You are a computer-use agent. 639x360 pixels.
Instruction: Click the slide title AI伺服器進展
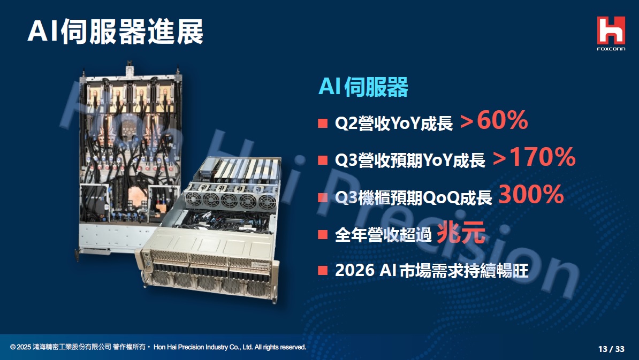[115, 32]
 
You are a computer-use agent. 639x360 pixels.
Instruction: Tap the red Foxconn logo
[611, 30]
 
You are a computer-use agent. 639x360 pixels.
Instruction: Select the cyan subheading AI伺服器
[363, 87]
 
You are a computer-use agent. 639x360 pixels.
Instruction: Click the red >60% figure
[494, 120]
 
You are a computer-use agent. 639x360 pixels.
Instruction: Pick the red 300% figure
[531, 194]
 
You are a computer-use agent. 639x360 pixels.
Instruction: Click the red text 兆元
[461, 233]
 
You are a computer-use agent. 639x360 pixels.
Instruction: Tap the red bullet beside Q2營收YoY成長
[323, 123]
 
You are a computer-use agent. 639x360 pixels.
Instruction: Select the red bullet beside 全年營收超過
[323, 234]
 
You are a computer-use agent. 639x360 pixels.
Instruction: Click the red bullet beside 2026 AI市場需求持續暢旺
[323, 271]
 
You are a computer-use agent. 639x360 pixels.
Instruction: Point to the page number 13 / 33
[611, 349]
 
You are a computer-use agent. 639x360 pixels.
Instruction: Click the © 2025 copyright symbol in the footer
[13, 347]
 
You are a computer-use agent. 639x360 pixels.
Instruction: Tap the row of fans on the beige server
[230, 201]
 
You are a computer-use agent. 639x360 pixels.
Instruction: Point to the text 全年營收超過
[383, 235]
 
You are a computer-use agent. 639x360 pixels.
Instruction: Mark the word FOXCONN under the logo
[611, 49]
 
